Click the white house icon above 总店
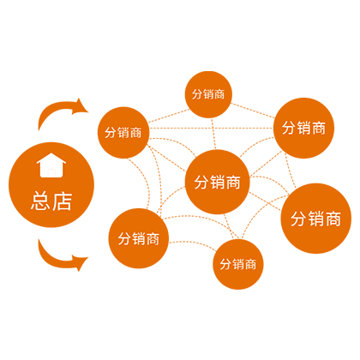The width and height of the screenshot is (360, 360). pyautogui.click(x=51, y=165)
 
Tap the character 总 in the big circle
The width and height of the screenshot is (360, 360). pyautogui.click(x=41, y=201)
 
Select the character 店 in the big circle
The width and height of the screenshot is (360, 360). pyautogui.click(x=62, y=201)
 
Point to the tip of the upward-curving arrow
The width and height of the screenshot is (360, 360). pyautogui.click(x=88, y=111)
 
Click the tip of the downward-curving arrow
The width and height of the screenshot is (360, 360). pyautogui.click(x=88, y=258)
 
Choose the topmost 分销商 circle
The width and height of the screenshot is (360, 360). pyautogui.click(x=208, y=94)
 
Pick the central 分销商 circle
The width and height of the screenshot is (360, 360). pyautogui.click(x=218, y=182)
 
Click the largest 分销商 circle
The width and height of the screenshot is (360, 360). pyautogui.click(x=316, y=219)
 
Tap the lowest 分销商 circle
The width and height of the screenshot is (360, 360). pyautogui.click(x=238, y=264)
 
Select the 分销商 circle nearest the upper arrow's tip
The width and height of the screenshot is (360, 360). pyautogui.click(x=123, y=133)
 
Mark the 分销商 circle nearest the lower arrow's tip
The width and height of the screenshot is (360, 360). pyautogui.click(x=139, y=238)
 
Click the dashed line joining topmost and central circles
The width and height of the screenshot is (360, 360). pyautogui.click(x=213, y=134)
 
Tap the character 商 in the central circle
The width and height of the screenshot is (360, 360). pyautogui.click(x=232, y=183)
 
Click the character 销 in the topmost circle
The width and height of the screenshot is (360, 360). pyautogui.click(x=208, y=94)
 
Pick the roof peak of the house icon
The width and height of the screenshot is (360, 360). pyautogui.click(x=51, y=153)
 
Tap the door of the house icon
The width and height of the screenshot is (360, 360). pyautogui.click(x=51, y=173)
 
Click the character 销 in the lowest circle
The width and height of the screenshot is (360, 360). pyautogui.click(x=238, y=265)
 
